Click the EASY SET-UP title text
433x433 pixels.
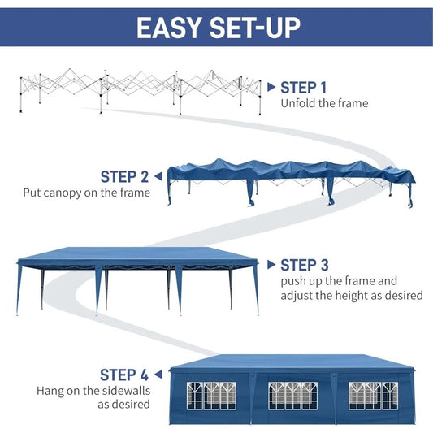pos(217,28)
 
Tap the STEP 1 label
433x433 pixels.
pos(304,87)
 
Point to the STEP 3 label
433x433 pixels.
pos(304,265)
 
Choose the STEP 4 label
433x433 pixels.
pos(124,375)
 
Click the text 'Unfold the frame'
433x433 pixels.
pos(324,103)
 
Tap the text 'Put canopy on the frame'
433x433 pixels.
pos(86,193)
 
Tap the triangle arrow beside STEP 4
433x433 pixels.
pos(158,375)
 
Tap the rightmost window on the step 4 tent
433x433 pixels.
pos(374,395)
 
